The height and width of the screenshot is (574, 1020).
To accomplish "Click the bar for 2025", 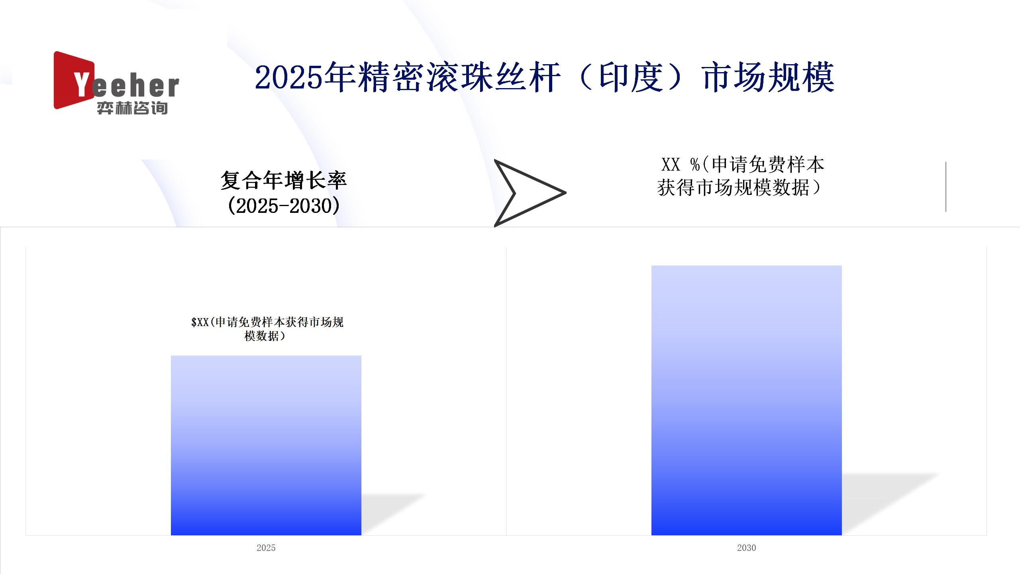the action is click(x=266, y=445).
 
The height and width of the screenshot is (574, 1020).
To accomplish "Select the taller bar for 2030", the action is click(x=747, y=400).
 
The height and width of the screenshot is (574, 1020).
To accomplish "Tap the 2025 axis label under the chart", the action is click(x=266, y=548).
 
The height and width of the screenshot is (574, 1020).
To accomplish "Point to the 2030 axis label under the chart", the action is click(x=747, y=548).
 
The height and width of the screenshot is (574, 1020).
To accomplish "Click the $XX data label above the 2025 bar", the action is click(x=267, y=329).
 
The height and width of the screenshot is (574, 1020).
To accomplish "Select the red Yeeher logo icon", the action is click(x=74, y=80).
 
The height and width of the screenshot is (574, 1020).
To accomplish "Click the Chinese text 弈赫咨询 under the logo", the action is click(x=132, y=108).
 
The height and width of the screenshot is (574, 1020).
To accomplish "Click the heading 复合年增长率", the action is click(x=284, y=181).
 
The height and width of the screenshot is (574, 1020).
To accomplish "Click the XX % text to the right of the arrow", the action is click(x=681, y=164).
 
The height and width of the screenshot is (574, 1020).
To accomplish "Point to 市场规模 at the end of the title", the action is click(x=768, y=77).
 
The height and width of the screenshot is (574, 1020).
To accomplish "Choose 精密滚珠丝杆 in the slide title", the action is click(x=458, y=77).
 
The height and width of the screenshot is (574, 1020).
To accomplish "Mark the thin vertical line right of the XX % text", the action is click(x=946, y=187).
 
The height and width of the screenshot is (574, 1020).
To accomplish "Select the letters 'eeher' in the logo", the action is click(x=135, y=86).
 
